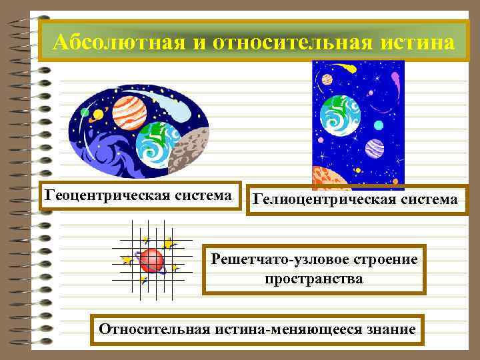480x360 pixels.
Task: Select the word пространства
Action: (x=314, y=279)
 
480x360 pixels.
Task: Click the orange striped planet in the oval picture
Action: (x=129, y=113)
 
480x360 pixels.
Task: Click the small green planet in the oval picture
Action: (x=85, y=112)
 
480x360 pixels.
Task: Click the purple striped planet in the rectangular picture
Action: (x=375, y=148)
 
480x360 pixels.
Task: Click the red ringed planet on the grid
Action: (x=152, y=259)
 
